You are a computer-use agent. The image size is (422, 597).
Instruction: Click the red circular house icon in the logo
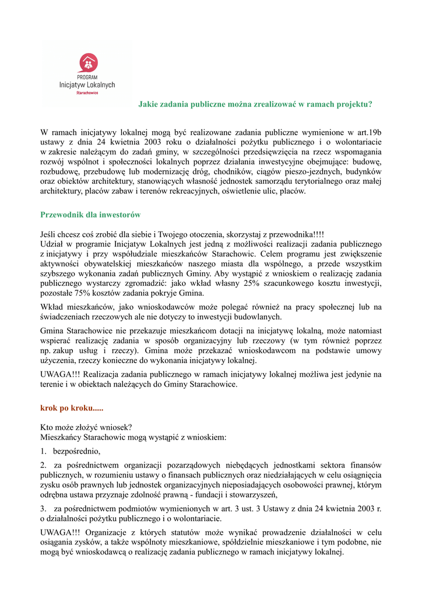[87, 62]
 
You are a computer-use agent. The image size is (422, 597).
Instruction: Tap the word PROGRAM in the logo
[87, 76]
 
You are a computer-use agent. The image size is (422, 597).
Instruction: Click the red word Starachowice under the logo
[87, 92]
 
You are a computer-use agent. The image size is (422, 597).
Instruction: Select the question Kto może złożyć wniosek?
[86, 427]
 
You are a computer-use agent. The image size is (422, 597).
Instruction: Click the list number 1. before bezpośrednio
[43, 451]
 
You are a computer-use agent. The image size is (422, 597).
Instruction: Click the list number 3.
[43, 509]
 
